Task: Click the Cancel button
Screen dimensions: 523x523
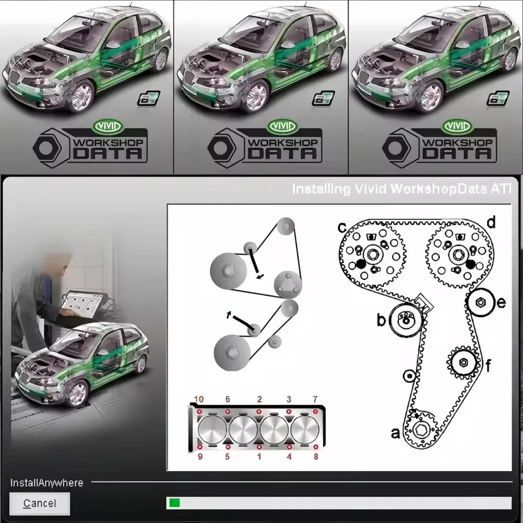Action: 39,503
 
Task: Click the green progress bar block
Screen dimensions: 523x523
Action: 174,503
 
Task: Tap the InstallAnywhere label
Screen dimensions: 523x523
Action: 47,483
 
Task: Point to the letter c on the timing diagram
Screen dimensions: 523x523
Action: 342,226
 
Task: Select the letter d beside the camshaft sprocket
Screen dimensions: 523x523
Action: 491,222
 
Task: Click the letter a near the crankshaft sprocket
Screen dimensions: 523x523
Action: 396,433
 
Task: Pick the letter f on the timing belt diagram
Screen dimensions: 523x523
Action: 488,366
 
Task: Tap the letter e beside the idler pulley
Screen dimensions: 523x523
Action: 501,303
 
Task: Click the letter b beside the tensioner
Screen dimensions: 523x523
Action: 381,320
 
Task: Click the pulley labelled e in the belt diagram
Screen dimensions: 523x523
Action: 480,302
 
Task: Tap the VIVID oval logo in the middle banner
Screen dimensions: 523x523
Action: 281,126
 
